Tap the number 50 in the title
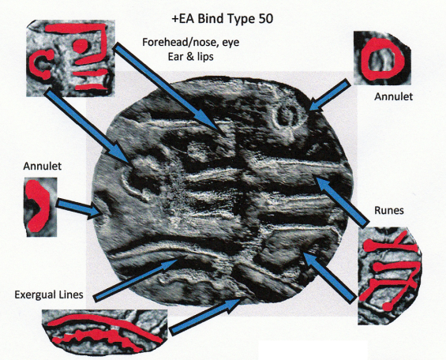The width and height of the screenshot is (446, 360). click(266, 19)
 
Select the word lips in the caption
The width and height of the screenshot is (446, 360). click(204, 57)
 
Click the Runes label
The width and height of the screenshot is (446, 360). click(389, 211)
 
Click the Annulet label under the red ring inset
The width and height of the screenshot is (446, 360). click(393, 96)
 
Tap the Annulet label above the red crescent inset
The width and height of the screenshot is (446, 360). click(43, 166)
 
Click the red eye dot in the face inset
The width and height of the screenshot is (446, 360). click(81, 46)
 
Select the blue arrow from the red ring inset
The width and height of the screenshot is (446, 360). click(329, 95)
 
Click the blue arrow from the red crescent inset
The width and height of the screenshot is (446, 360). click(79, 208)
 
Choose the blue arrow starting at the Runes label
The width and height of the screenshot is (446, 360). click(342, 201)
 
